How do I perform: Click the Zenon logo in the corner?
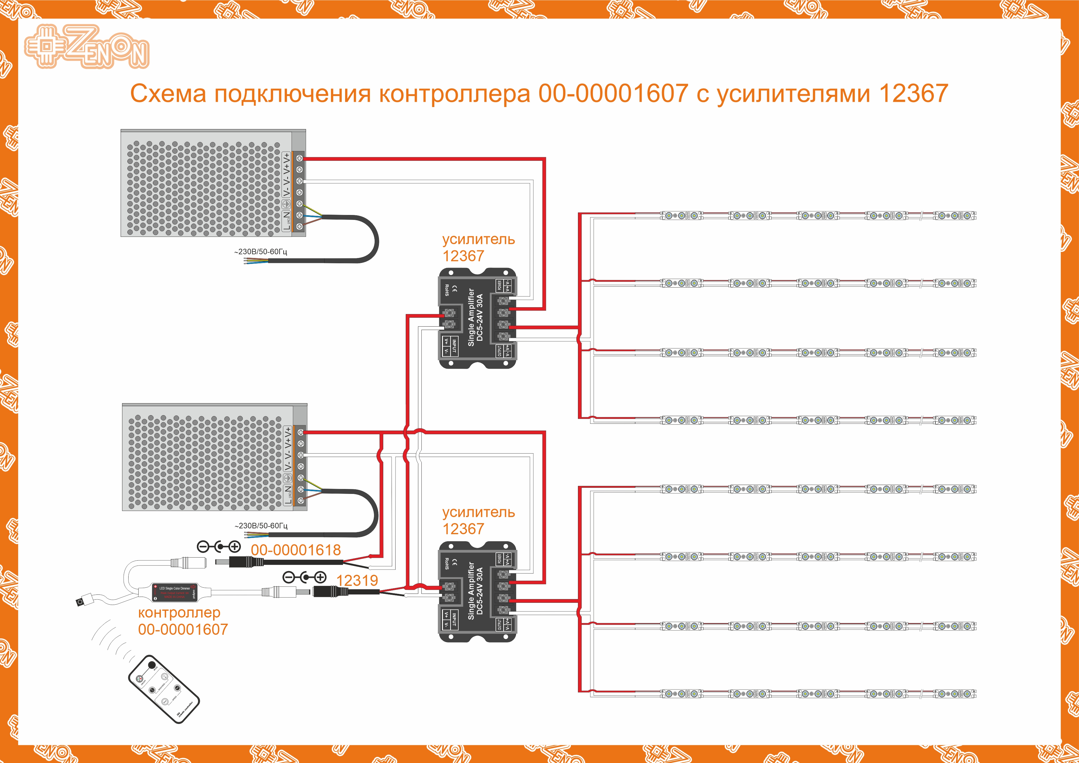pyautogui.click(x=87, y=46)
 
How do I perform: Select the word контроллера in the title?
pyautogui.click(x=454, y=93)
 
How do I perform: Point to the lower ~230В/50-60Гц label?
pyautogui.click(x=261, y=526)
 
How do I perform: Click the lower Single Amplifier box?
pyautogui.click(x=477, y=592)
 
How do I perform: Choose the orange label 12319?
pyautogui.click(x=357, y=581)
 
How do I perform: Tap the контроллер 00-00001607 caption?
pyautogui.click(x=183, y=621)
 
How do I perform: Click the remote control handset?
pyautogui.click(x=164, y=689)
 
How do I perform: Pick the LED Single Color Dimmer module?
pyautogui.click(x=174, y=592)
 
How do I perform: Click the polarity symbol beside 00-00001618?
pyautogui.click(x=219, y=547)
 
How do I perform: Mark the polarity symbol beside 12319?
pyautogui.click(x=305, y=577)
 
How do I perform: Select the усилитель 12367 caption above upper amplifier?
pyautogui.click(x=478, y=248)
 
